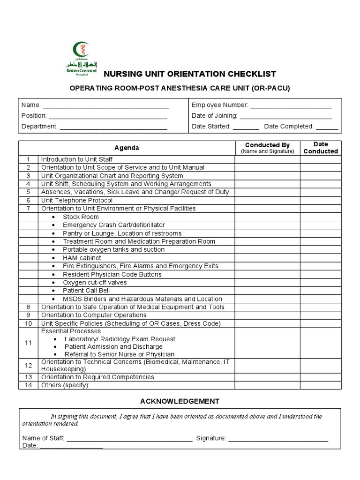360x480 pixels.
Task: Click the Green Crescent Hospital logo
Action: click(81, 58)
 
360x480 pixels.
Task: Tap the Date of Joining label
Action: click(214, 115)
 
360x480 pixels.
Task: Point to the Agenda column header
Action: click(127, 148)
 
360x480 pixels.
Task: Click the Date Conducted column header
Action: click(321, 148)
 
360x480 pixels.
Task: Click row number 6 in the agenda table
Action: click(28, 200)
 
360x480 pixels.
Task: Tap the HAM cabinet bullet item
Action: click(82, 258)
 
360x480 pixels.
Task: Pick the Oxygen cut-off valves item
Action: click(95, 283)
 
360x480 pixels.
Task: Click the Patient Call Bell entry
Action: click(86, 291)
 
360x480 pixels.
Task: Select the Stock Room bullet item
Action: click(81, 217)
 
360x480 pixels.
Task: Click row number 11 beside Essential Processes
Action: click(28, 343)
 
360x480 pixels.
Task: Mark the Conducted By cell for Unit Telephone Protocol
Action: click(267, 200)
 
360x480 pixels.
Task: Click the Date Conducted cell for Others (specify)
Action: click(321, 385)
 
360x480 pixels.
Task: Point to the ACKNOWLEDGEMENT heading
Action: click(180, 401)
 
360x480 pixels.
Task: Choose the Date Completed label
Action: click(288, 126)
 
